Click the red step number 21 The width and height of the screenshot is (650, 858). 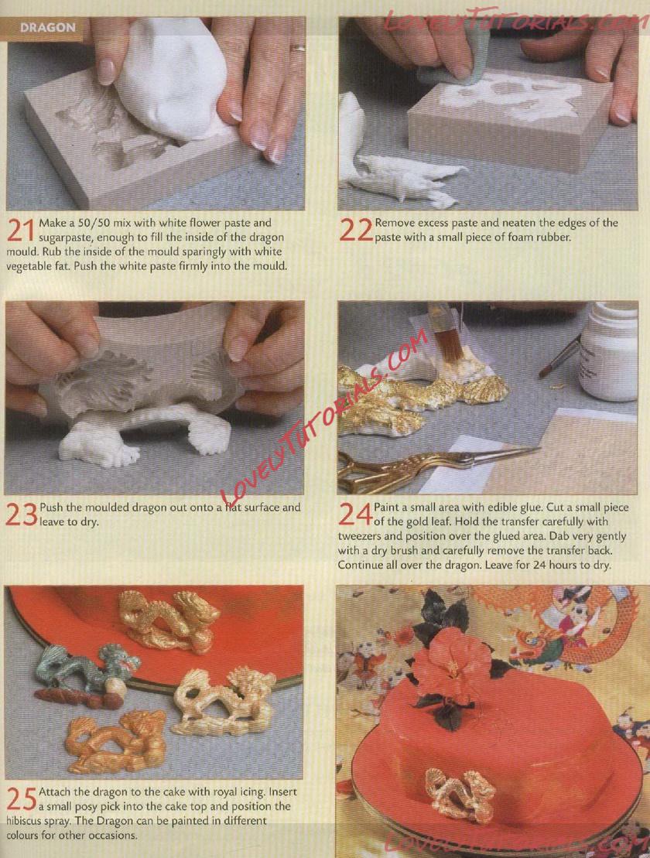(x=22, y=231)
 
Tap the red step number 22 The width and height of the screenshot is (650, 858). (x=356, y=231)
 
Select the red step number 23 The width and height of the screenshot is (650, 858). (x=22, y=515)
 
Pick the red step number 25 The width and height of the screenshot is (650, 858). (x=22, y=799)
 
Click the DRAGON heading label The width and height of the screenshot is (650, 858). (x=48, y=27)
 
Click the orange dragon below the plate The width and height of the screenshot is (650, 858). (x=116, y=741)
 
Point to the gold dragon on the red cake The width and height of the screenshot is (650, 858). (x=460, y=793)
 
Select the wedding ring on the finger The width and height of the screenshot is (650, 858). (x=298, y=49)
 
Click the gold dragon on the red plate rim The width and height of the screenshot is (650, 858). (x=167, y=621)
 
